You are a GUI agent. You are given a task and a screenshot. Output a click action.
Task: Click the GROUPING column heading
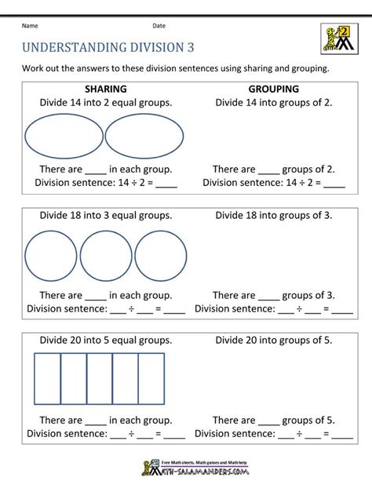click(273, 89)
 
